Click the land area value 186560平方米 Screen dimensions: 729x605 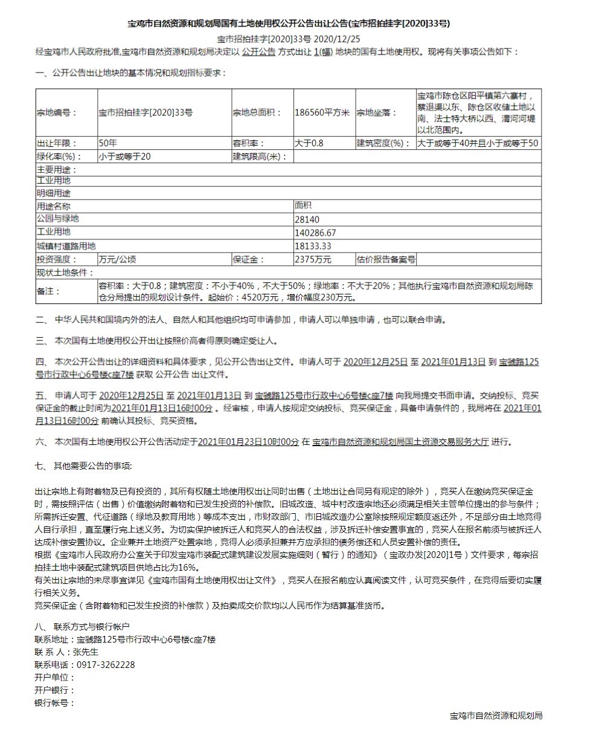point(322,112)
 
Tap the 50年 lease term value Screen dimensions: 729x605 point(108,143)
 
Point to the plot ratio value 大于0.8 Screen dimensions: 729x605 point(309,143)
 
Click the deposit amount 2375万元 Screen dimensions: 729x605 point(313,259)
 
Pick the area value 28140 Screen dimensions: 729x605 point(307,219)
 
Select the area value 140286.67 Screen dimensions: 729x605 point(315,232)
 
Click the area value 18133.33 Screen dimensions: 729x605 point(313,246)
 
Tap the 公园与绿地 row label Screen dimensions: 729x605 point(57,219)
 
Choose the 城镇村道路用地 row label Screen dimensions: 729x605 point(66,246)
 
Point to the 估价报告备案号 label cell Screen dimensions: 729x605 point(385,259)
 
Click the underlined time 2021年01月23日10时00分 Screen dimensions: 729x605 point(248,442)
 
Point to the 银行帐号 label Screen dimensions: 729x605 point(55,703)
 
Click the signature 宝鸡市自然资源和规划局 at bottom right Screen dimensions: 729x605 point(496,716)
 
